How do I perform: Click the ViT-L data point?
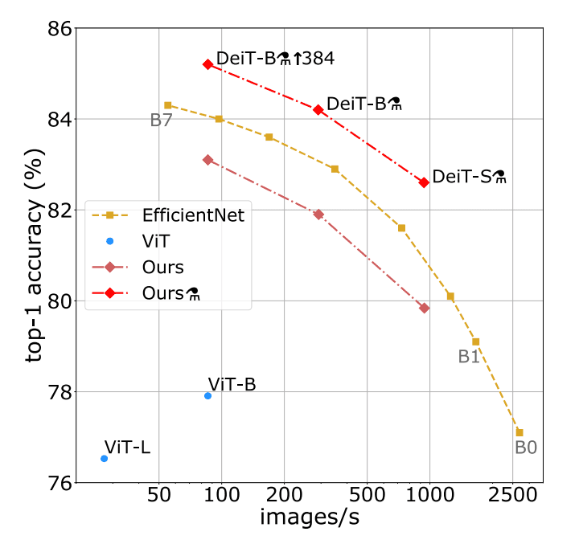104,458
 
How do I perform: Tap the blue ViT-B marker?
207,395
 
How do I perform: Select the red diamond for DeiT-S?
424,182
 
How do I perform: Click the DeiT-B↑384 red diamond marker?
207,63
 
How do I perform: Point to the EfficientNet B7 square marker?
167,104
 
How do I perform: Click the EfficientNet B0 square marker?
519,432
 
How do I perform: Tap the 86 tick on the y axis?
61,29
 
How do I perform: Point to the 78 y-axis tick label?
61,392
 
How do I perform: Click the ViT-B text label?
232,384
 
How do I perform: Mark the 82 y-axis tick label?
61,211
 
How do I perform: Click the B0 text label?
526,448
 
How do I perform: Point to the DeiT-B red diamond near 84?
318,109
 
